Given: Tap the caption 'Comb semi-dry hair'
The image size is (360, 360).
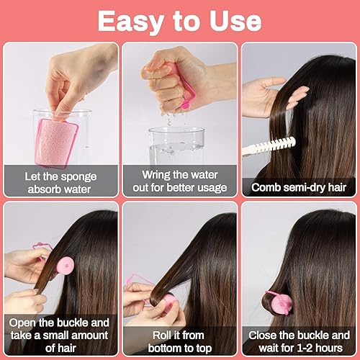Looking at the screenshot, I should point(298,188).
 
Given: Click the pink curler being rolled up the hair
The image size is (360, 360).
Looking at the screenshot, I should point(168,300).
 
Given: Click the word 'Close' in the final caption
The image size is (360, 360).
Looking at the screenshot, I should point(269,334).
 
